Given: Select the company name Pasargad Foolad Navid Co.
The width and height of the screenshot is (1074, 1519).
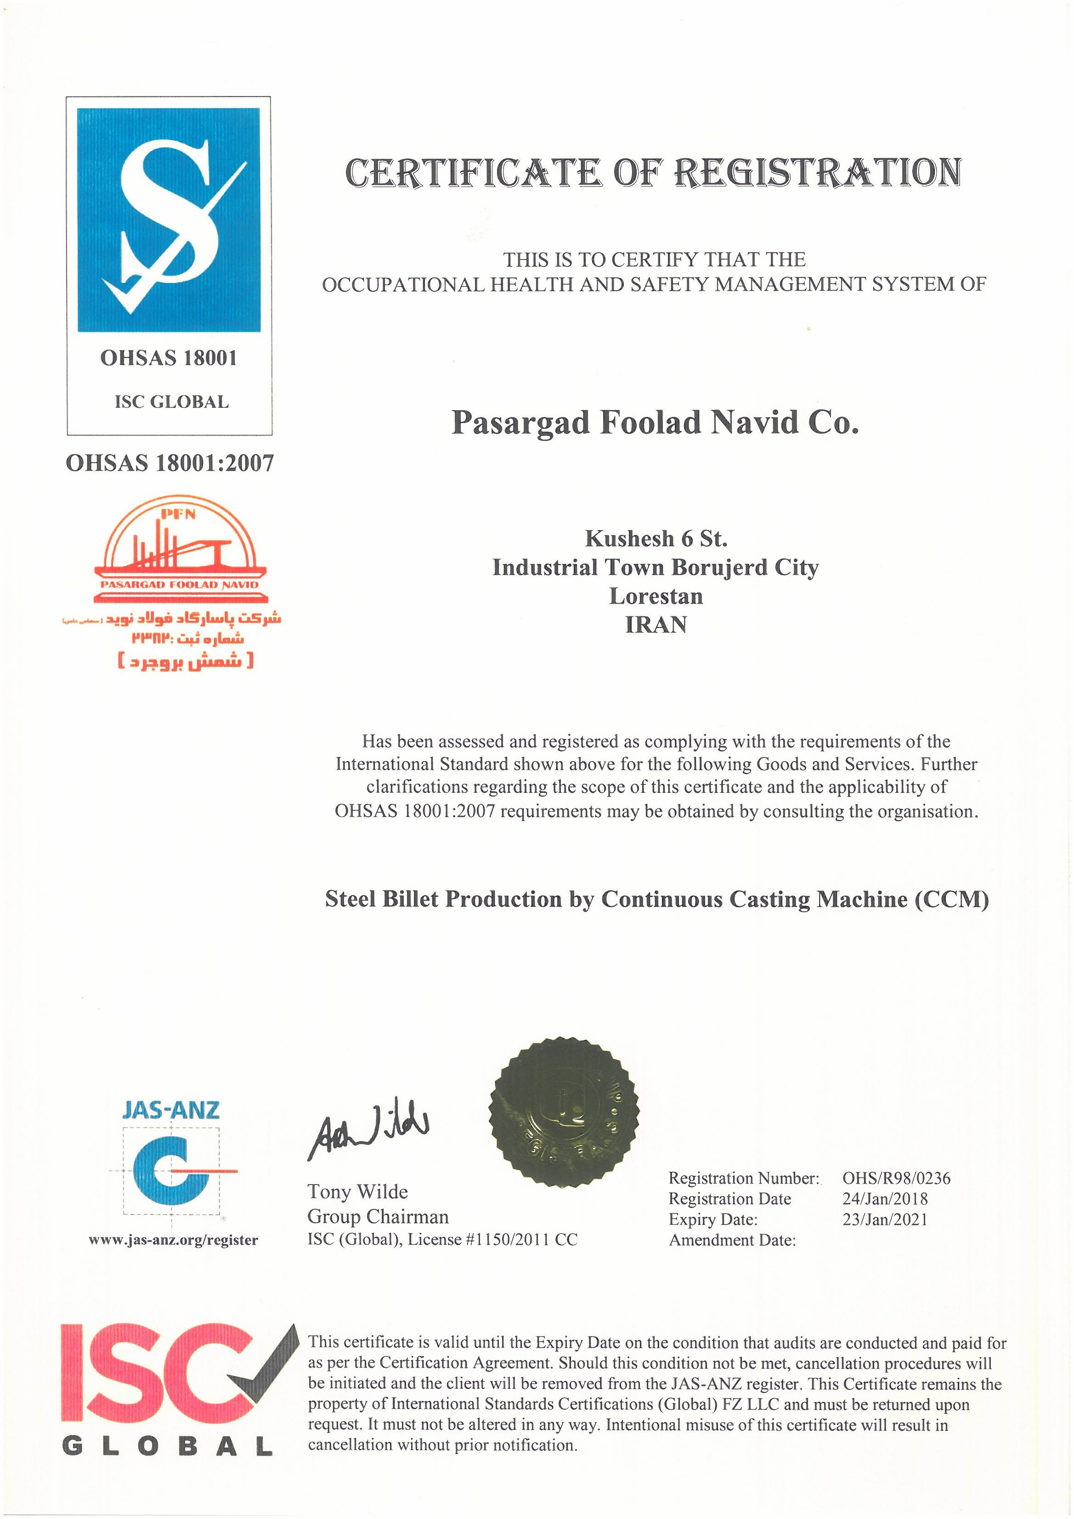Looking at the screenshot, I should click(655, 423).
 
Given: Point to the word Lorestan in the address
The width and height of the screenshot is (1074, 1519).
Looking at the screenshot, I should click(656, 596).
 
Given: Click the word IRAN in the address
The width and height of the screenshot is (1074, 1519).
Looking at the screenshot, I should click(656, 625).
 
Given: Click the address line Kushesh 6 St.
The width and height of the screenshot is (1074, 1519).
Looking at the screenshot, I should click(656, 538).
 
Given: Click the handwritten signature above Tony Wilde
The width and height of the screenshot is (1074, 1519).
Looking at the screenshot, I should click(368, 1130).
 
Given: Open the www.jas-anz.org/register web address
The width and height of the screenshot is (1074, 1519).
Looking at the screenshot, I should click(173, 1240).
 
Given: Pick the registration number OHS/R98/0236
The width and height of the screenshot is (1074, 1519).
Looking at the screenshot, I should click(896, 1178).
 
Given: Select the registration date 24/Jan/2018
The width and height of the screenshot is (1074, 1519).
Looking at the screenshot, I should click(885, 1199).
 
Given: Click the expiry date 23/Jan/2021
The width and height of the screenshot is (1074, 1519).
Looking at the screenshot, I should click(885, 1220).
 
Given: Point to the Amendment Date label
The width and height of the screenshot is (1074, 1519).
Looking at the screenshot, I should click(732, 1240).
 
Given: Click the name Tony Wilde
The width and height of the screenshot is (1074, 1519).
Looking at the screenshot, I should click(357, 1192).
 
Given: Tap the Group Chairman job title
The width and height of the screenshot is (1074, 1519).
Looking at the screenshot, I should click(378, 1217).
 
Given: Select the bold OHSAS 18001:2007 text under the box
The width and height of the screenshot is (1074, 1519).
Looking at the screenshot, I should click(170, 463).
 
